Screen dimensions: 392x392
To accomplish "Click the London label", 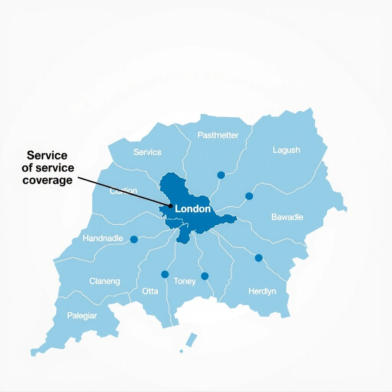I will click(193, 209).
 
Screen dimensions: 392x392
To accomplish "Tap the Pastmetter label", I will click(218, 135).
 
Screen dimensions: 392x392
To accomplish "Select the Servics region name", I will click(147, 152).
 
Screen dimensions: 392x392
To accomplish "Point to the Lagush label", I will click(286, 150).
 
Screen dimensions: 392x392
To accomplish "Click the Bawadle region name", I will click(287, 217).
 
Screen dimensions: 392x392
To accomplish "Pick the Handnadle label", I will click(103, 238).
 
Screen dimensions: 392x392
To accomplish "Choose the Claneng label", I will click(105, 281).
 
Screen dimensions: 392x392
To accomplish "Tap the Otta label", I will click(150, 291).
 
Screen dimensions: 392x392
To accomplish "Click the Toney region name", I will click(185, 282).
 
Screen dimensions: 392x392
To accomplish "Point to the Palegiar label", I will click(82, 316).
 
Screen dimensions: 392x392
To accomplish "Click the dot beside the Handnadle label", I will click(134, 239).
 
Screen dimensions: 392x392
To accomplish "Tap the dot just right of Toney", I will click(205, 276).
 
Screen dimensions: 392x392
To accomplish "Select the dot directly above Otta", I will click(165, 274).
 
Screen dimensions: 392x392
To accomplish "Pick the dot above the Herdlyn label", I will click(259, 258).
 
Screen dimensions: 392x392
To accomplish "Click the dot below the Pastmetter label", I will click(221, 175).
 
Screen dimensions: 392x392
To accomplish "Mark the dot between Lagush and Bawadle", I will click(249, 196).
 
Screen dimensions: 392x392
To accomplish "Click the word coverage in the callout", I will click(47, 180).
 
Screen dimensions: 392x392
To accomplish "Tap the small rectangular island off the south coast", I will click(191, 340).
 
